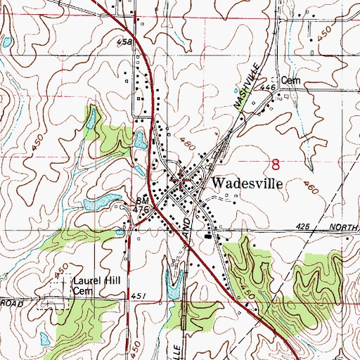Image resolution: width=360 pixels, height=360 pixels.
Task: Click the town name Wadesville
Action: pyautogui.click(x=247, y=182)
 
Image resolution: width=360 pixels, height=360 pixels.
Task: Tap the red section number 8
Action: pyautogui.click(x=275, y=165)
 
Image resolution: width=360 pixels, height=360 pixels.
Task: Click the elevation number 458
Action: pyautogui.click(x=124, y=43)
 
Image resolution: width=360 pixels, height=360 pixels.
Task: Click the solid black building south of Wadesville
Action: pyautogui.click(x=207, y=236)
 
